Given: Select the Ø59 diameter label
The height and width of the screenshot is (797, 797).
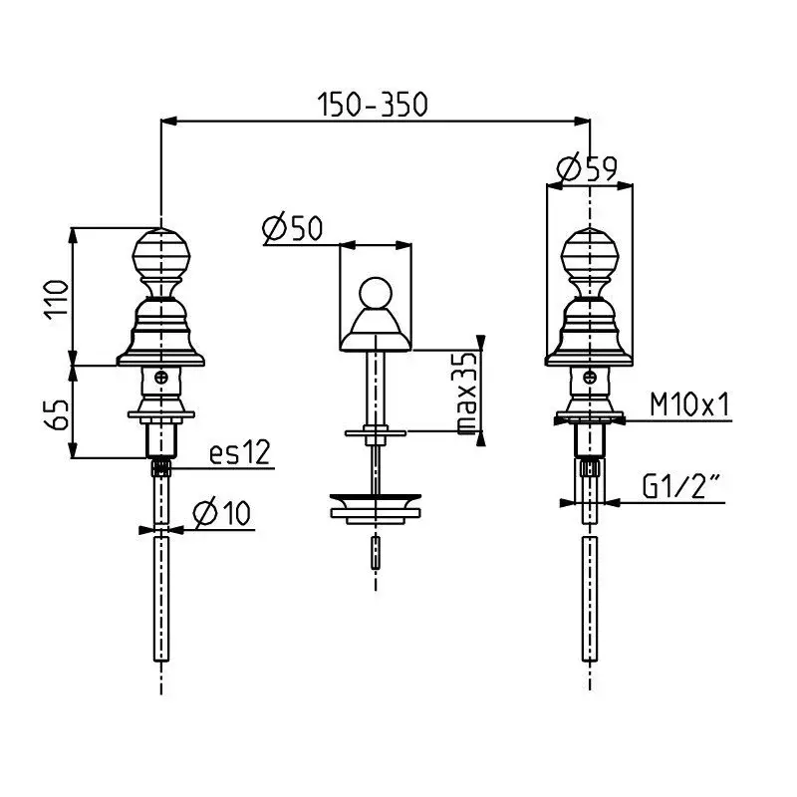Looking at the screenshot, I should click(x=587, y=170).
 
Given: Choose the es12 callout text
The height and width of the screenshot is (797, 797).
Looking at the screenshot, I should click(x=240, y=453).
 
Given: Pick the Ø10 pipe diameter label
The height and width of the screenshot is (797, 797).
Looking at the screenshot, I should click(x=224, y=514).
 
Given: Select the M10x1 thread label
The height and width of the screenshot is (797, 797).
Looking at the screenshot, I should click(x=690, y=404).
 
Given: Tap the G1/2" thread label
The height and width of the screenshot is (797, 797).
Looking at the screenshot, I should click(x=681, y=486).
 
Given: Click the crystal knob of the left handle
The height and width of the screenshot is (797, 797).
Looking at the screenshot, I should click(x=160, y=258).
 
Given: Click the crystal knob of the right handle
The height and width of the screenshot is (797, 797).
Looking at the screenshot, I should click(x=589, y=258).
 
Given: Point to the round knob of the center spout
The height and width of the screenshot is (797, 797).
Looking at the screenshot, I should click(x=376, y=294).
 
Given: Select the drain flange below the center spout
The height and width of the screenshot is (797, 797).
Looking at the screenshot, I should click(x=376, y=505).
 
